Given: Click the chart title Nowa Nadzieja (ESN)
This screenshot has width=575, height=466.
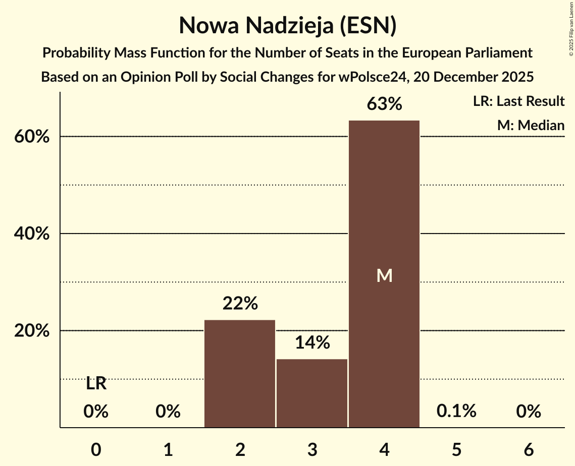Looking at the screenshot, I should click(x=287, y=25).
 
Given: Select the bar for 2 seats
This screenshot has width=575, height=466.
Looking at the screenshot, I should click(x=240, y=374).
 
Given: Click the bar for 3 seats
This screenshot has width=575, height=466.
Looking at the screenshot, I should click(x=312, y=393).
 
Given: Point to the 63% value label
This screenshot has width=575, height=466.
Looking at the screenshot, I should click(x=385, y=104).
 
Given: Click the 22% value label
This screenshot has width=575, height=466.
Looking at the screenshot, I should click(x=240, y=304).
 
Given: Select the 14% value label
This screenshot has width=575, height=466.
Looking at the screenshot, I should click(x=312, y=343).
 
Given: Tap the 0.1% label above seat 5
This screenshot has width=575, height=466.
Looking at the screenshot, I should click(x=456, y=412).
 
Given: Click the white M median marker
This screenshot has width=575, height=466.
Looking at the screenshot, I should click(x=385, y=275).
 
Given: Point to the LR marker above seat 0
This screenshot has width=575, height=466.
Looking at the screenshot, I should click(x=96, y=384).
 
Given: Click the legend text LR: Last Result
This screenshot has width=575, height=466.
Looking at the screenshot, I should click(x=518, y=101).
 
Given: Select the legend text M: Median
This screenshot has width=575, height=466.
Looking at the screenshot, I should click(x=531, y=125).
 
